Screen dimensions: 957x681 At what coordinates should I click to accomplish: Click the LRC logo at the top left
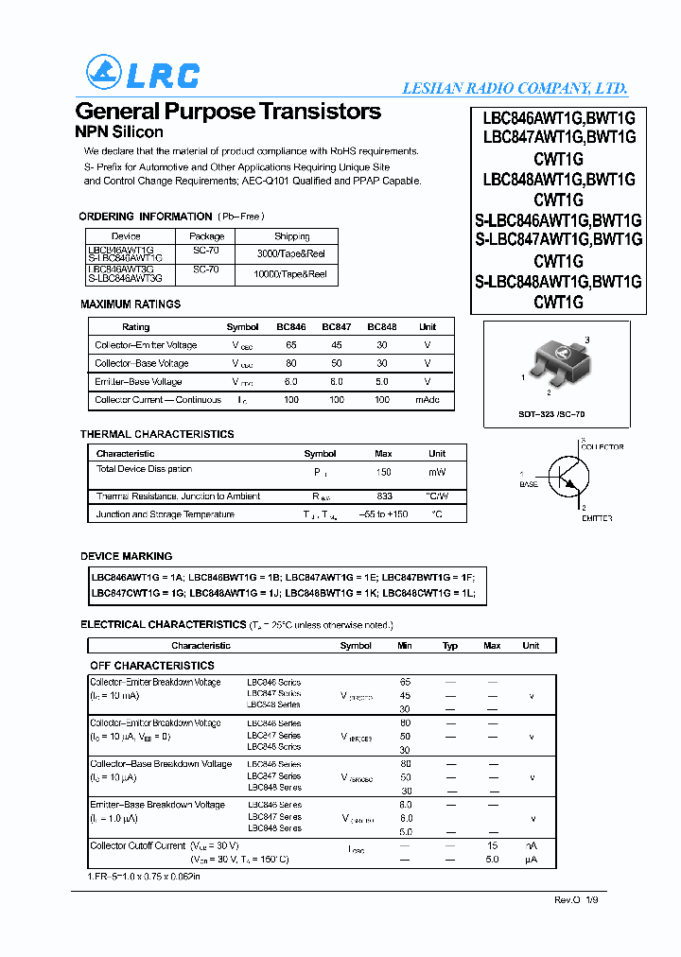[142, 73]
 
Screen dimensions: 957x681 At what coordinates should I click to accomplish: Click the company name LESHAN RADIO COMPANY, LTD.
[515, 88]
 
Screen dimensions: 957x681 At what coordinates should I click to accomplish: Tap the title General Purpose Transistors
[227, 112]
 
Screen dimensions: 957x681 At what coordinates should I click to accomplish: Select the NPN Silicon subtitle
[119, 132]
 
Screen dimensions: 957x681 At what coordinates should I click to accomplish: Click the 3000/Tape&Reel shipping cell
[290, 253]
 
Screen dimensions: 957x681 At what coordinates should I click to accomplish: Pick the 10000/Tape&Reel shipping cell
[290, 274]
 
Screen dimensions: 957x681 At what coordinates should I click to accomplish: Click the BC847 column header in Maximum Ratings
[336, 326]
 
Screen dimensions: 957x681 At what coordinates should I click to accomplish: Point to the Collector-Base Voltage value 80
[290, 363]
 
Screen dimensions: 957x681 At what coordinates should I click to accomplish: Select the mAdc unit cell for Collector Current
[428, 400]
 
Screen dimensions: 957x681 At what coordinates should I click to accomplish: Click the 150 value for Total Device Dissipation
[383, 471]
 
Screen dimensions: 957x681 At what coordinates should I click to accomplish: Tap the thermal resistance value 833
[383, 496]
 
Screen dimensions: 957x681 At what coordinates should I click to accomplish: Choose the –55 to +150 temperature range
[383, 514]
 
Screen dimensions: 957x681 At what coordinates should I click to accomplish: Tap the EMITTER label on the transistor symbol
[596, 518]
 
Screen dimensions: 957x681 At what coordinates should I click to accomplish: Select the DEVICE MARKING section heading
[127, 556]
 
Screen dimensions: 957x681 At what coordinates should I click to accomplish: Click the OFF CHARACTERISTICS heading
[152, 666]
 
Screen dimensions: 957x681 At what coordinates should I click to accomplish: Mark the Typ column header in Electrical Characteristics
[450, 646]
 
